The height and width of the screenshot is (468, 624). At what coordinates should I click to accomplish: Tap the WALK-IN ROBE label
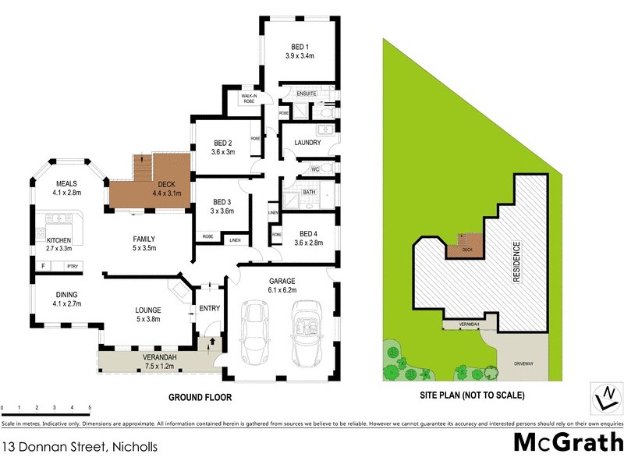[x=249, y=98]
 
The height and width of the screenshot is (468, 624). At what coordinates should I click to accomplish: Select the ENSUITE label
[x=307, y=94]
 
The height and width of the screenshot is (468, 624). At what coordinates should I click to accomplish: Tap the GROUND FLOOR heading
[x=201, y=397]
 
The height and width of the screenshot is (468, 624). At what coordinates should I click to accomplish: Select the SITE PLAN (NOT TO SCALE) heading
[x=473, y=395]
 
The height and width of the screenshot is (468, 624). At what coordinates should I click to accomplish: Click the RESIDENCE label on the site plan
[x=515, y=262]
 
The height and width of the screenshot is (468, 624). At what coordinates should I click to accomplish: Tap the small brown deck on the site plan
[x=463, y=247]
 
